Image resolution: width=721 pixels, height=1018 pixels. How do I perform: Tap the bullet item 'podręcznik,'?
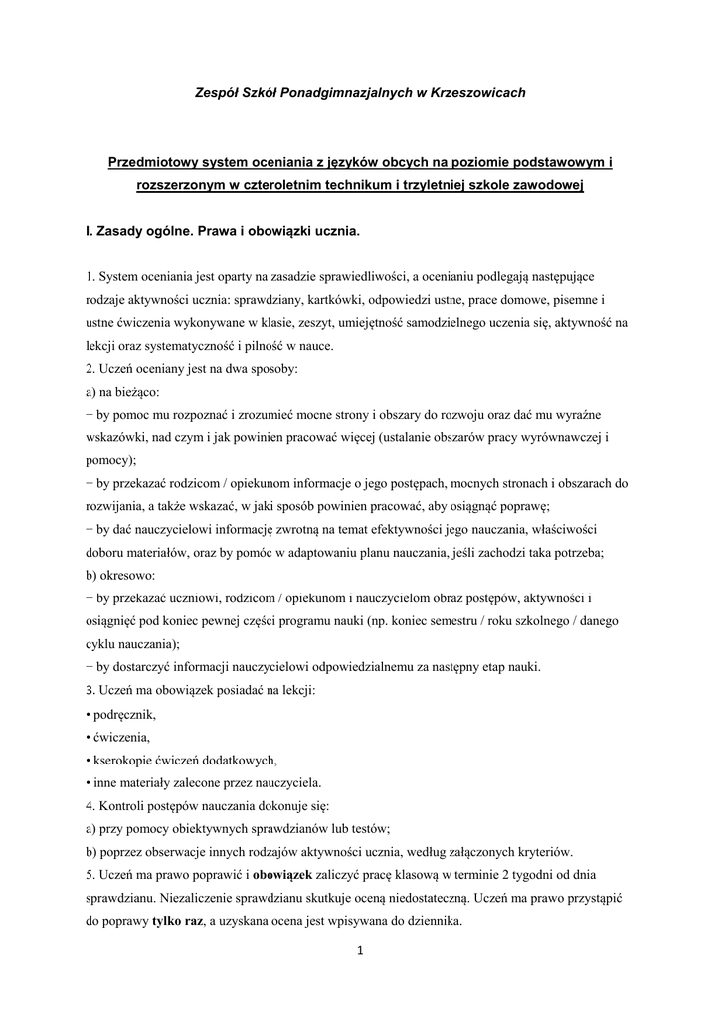click(124, 714)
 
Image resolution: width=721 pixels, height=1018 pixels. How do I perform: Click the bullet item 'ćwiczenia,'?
click(121, 737)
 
